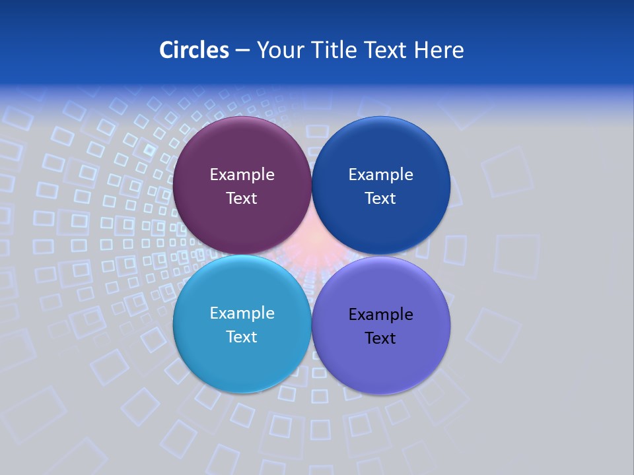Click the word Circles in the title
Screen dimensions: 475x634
point(194,50)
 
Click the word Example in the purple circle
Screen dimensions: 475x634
point(242,175)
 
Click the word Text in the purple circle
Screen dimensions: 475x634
point(242,198)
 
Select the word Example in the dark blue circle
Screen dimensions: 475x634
point(380,175)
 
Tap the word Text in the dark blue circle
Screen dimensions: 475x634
point(380,198)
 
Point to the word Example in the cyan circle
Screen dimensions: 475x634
point(242,313)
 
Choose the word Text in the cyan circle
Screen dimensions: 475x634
point(242,336)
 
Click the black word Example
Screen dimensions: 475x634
point(380,315)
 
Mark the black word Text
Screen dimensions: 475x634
point(380,338)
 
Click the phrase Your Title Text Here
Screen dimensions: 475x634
point(360,50)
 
